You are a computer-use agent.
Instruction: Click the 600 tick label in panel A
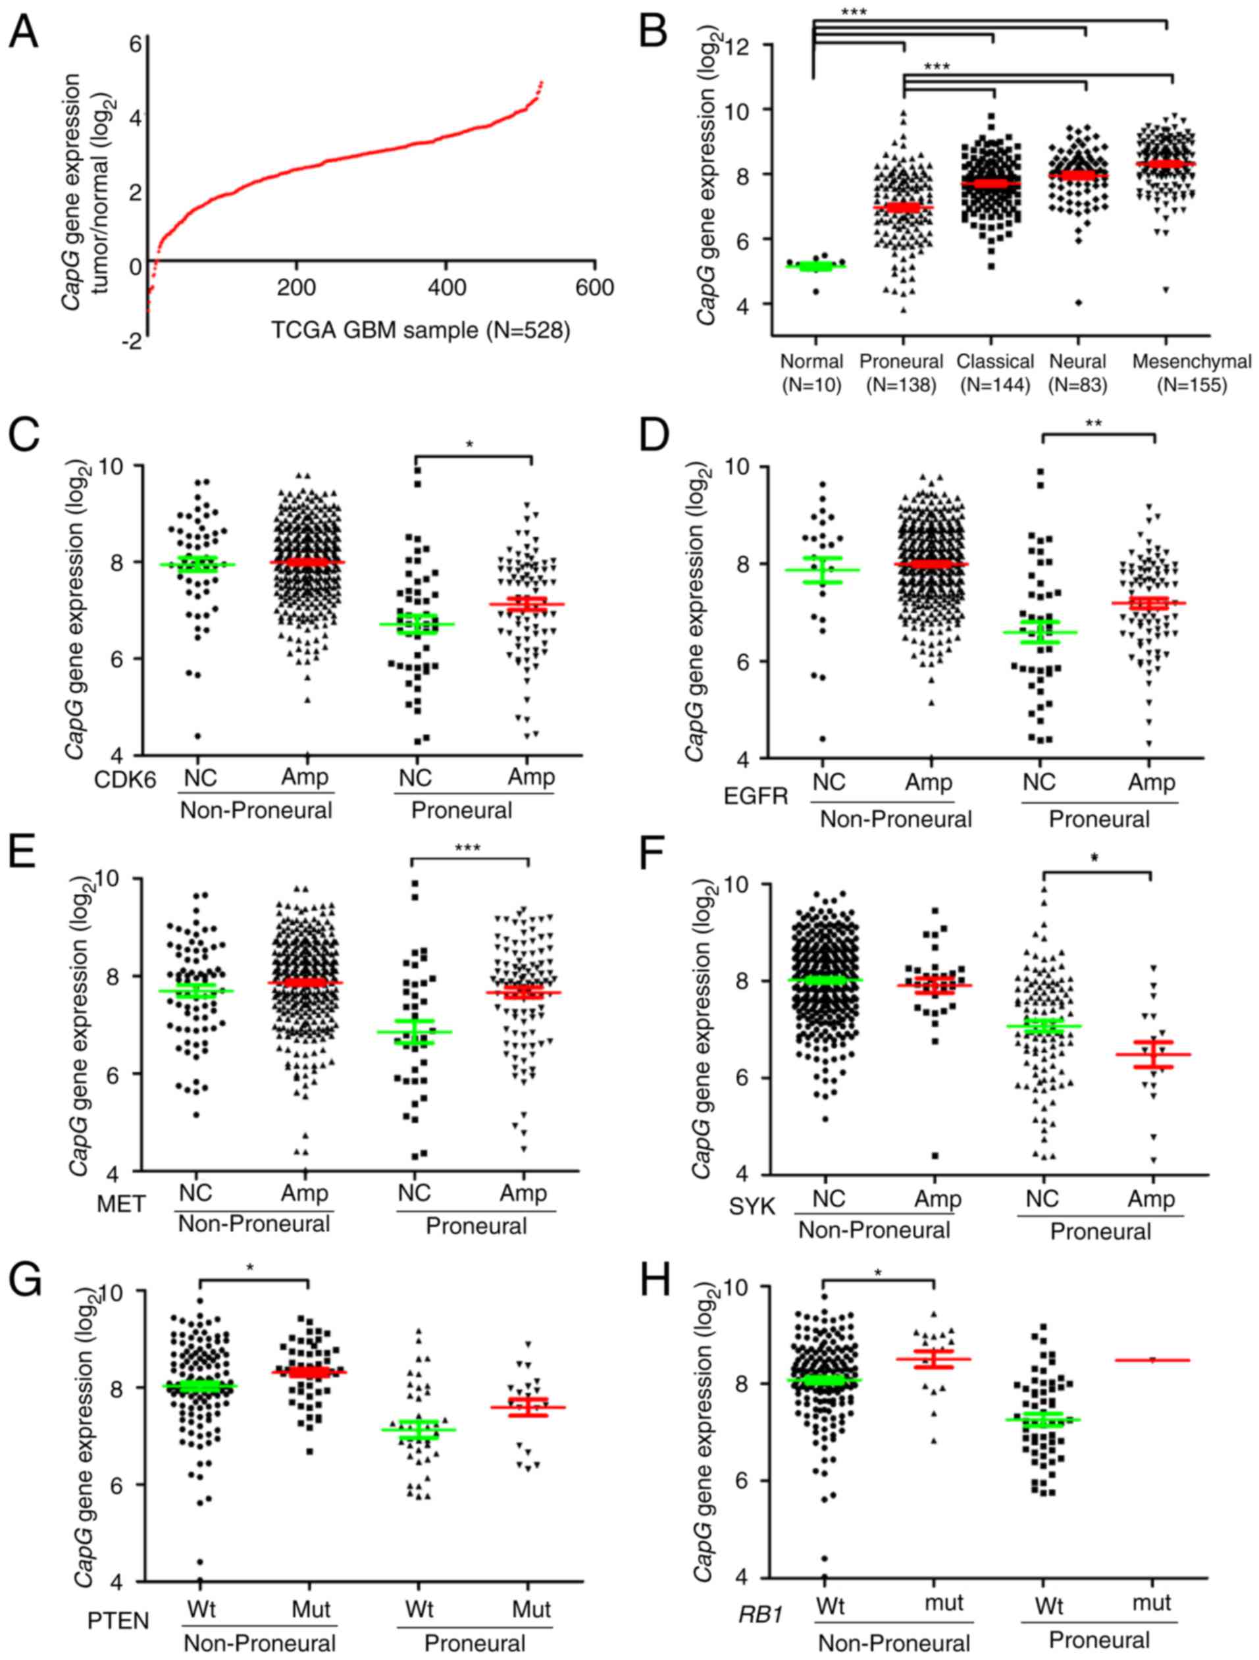point(594,288)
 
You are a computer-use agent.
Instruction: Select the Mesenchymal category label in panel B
point(1191,362)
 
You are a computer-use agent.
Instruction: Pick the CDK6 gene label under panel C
point(125,781)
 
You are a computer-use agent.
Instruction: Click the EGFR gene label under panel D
point(756,796)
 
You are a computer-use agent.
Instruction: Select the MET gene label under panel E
point(122,1205)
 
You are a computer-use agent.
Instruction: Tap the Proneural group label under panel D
point(1098,819)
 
